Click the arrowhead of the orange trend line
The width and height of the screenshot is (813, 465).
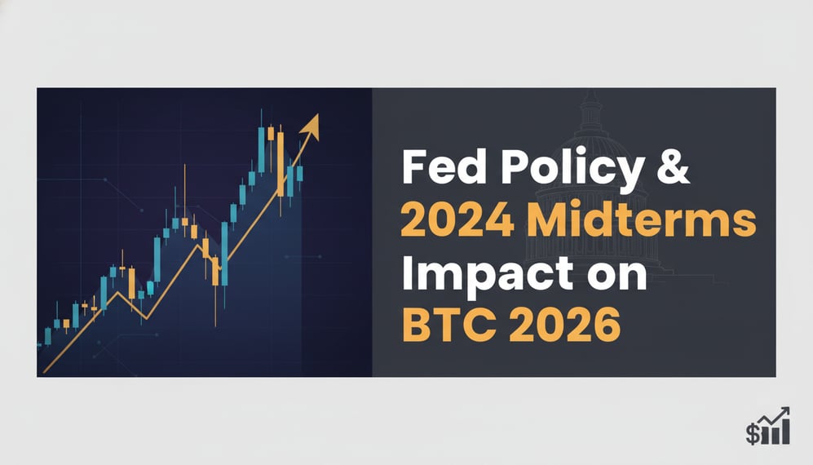[x=310, y=125]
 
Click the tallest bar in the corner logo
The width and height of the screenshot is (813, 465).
[x=784, y=429]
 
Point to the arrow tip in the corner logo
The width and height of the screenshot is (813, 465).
[x=786, y=410]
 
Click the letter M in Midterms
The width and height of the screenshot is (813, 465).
[x=541, y=223]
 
